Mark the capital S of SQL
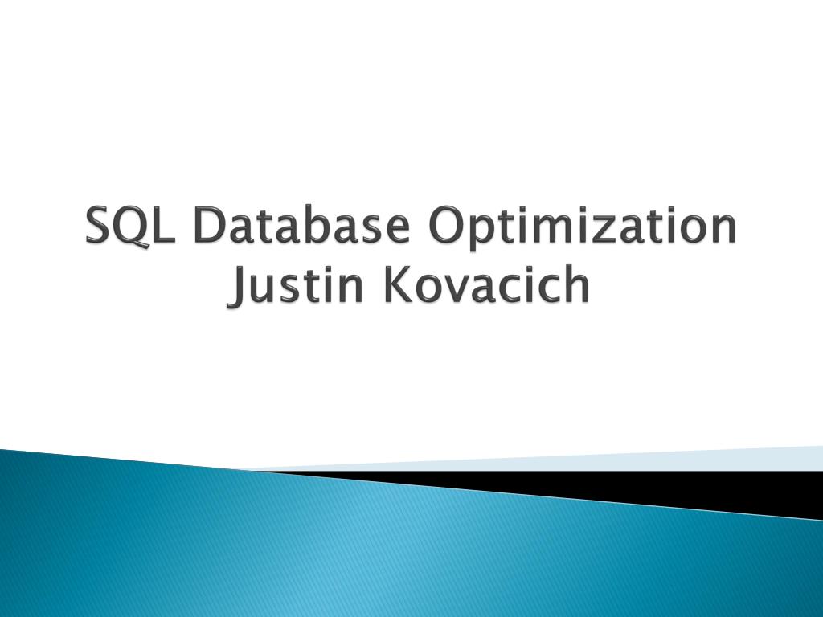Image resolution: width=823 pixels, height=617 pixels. [100, 227]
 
